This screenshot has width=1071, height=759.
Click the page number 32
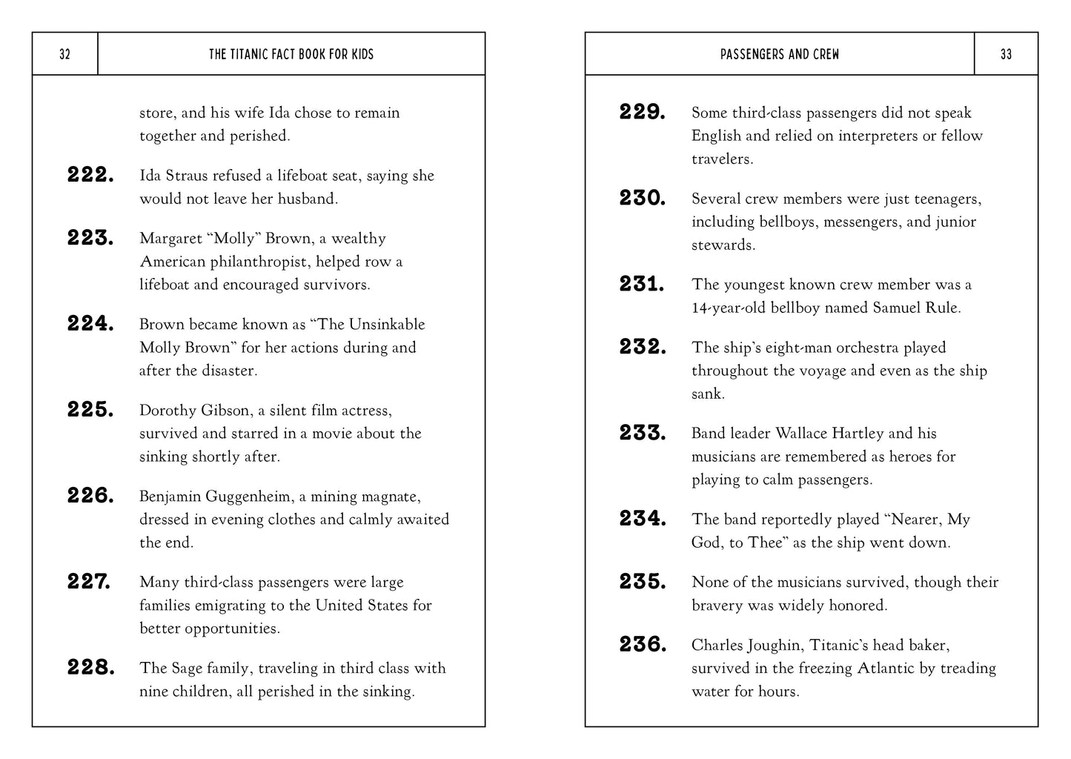pos(64,54)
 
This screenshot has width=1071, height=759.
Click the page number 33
pos(1006,54)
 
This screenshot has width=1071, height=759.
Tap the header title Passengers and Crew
pos(780,54)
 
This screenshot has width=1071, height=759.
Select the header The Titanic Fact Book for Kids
pos(291,54)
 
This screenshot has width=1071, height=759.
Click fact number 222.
pos(90,176)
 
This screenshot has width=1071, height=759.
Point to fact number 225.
pos(90,410)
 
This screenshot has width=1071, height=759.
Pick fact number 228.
pos(90,668)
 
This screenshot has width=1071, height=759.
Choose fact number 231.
pos(642,285)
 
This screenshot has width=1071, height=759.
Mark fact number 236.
pos(643,645)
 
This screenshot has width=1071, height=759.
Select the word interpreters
pos(869,136)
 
